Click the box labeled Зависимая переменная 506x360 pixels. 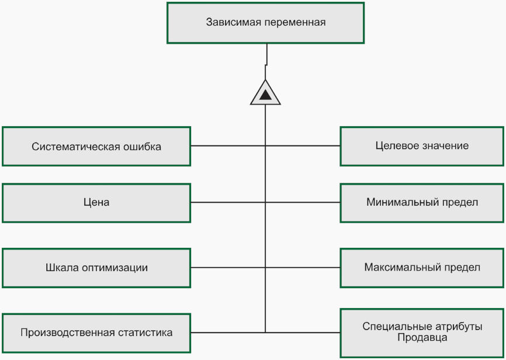pos(265,23)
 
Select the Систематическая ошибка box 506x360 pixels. pos(96,146)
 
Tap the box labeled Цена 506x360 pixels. pos(96,203)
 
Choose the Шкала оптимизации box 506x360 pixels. pos(96,268)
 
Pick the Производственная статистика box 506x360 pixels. pos(96,333)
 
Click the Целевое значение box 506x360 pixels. pos(422,146)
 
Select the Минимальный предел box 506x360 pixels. pos(422,203)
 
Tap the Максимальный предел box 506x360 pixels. pos(422,268)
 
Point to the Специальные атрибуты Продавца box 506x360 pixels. pos(422,333)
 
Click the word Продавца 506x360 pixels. pos(422,338)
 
